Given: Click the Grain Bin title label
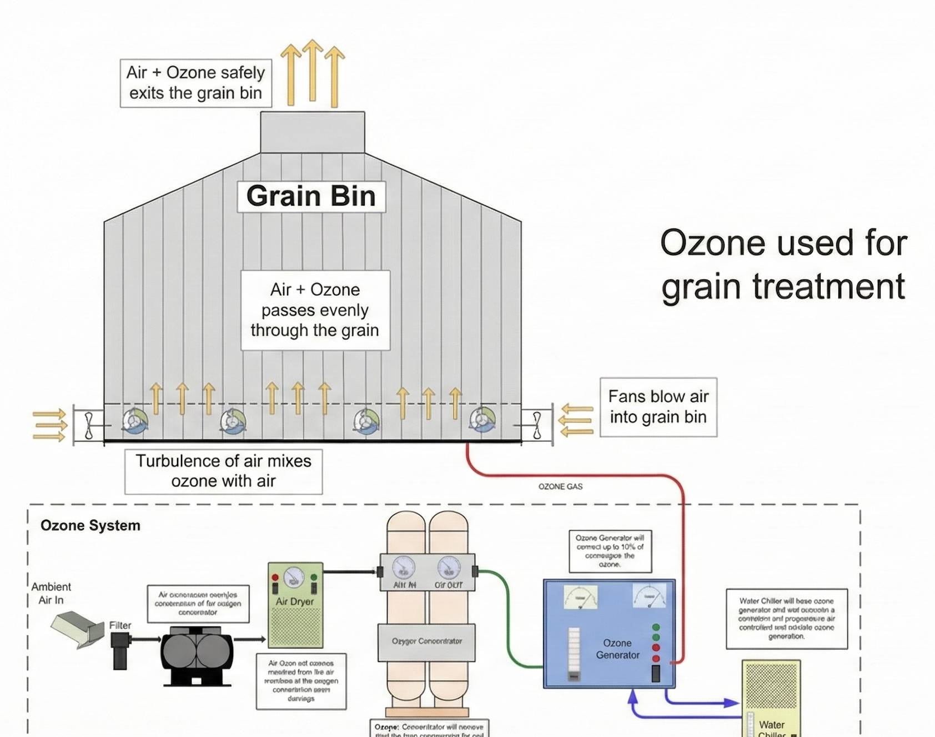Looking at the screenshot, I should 311,196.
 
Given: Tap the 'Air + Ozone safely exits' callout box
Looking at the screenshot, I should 196,83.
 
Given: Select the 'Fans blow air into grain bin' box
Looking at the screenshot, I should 658,407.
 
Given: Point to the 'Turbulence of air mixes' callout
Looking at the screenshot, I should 223,471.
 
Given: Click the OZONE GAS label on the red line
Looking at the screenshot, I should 560,486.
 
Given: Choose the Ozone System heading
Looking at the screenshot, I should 91,525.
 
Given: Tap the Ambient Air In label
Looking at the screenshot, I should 51,593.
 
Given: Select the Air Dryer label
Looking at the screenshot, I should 295,601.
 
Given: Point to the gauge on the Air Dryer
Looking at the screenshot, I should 294,577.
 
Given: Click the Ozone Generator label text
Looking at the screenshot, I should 617,649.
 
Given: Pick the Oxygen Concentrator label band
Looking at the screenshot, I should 426,641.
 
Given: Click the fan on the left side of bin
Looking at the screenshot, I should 89,426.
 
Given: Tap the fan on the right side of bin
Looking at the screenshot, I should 536,425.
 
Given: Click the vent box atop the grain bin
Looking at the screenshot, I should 313,132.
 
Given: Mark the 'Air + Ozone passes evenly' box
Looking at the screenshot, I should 315,310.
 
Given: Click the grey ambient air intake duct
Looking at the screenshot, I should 78,628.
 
